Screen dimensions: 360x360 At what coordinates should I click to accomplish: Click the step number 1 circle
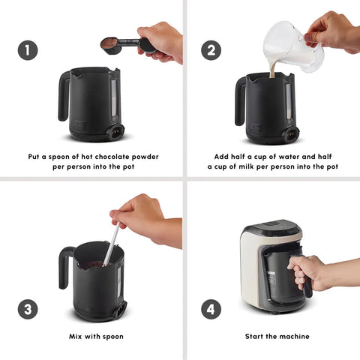28,50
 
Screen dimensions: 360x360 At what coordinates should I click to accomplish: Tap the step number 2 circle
211,50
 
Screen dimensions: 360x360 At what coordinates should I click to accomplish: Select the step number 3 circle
28,309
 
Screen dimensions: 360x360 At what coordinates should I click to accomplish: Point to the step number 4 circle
211,309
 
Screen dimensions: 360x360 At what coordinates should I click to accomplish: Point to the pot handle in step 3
65,268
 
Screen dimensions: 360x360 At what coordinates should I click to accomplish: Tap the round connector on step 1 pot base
116,131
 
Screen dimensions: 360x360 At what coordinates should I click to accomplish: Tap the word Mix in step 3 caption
75,336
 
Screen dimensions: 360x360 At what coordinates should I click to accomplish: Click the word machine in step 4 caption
296,336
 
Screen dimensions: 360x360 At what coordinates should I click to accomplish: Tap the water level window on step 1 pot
114,99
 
